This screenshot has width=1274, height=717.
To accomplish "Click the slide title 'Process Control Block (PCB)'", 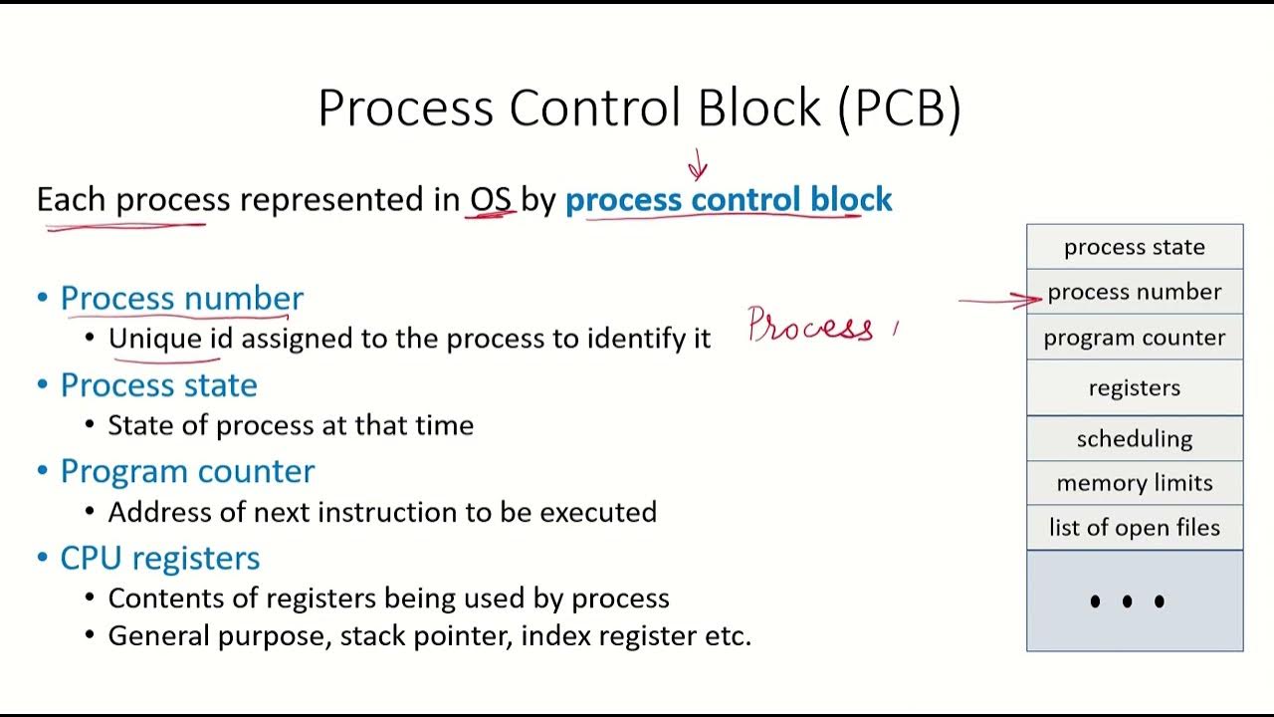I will [639, 108].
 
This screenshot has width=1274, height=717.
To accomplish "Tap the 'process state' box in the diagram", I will [1135, 247].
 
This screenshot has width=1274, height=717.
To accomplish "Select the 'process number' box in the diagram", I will [1135, 292].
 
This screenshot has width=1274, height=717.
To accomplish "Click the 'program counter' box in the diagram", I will [1135, 338].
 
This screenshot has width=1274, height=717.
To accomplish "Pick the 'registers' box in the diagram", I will [1135, 387].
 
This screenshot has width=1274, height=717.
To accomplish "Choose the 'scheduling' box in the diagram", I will [1135, 438].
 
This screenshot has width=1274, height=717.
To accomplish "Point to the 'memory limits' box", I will [1135, 483].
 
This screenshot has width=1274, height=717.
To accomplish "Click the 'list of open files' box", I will [1135, 528].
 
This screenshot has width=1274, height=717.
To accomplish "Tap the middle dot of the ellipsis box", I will [1127, 601].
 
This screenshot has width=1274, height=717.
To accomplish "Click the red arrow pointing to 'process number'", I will [1000, 299].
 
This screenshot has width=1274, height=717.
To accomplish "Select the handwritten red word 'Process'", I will [811, 326].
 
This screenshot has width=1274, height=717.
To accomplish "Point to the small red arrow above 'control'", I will [698, 165].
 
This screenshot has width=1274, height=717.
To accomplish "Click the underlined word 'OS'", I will [491, 199].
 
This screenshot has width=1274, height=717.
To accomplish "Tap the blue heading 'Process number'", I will [181, 298].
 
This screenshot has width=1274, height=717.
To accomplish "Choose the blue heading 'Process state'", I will [158, 384].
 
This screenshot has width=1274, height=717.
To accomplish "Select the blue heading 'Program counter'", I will [187, 471].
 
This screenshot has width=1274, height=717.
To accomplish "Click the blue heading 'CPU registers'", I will [159, 558].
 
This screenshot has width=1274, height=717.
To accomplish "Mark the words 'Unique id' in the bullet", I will [170, 339].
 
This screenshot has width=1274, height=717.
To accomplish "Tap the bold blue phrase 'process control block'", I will [729, 199].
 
